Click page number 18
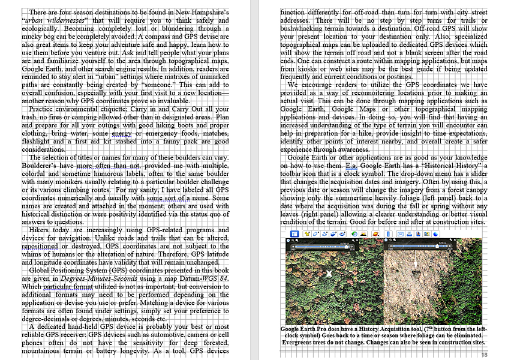(485, 355)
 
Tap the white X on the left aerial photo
(329, 274)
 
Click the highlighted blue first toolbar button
(295, 234)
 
